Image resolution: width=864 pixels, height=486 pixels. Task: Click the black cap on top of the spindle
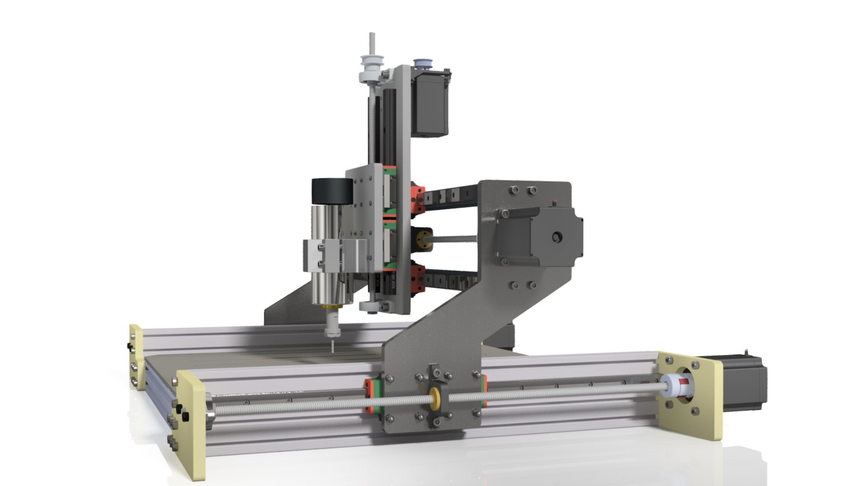coord(332,191)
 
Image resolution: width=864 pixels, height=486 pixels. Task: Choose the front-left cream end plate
coord(191,423)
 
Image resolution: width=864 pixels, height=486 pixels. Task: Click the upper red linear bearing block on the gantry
coord(417,198)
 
